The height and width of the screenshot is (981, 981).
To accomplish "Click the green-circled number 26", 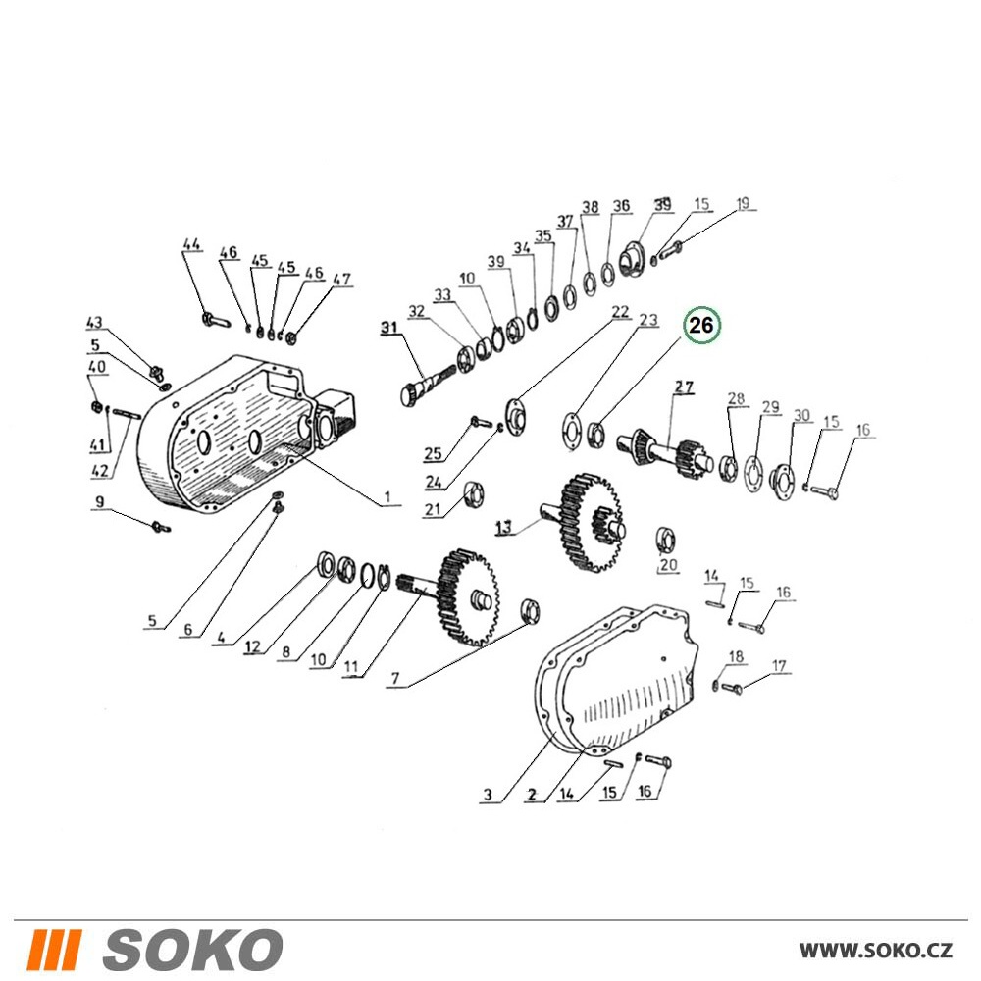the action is click(x=701, y=326).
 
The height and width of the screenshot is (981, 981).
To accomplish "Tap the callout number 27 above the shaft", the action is click(x=683, y=387).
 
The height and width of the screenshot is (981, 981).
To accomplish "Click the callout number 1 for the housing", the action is click(x=387, y=497).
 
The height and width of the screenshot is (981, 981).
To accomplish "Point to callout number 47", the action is click(x=341, y=279).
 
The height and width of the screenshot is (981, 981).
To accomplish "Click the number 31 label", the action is click(x=389, y=328).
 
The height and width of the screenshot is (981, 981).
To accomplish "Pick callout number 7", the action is click(x=394, y=678).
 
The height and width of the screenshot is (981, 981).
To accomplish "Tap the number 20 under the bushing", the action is click(x=668, y=564).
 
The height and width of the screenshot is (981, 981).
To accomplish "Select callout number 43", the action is click(x=94, y=323).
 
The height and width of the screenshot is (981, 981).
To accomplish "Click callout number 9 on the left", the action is click(x=99, y=501).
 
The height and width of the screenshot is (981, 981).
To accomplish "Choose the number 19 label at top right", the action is click(x=743, y=203).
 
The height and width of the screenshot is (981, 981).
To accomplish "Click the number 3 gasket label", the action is click(x=488, y=795).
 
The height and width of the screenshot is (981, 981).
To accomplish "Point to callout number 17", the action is click(x=779, y=666).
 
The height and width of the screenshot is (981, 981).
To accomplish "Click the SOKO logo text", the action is click(x=192, y=949).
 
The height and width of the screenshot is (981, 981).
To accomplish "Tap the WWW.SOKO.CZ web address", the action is click(x=876, y=951).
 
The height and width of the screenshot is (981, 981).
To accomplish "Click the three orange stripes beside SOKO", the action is click(x=55, y=949).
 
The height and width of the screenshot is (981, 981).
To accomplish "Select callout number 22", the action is click(x=620, y=312).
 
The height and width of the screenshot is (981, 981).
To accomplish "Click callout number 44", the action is click(x=192, y=244).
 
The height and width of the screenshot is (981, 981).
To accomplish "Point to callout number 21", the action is click(x=433, y=510).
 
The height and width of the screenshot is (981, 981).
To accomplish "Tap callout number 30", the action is click(x=801, y=415).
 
